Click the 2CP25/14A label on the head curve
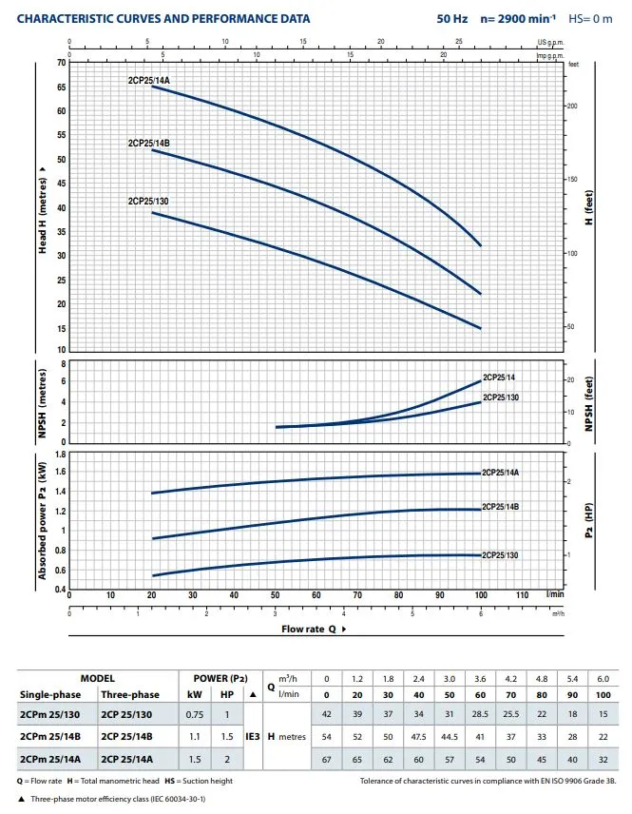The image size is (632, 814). [149, 80]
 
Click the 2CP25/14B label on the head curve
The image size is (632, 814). [149, 144]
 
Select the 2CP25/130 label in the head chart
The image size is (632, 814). [147, 202]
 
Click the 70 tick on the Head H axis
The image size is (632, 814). [62, 63]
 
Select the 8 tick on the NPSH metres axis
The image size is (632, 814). [64, 363]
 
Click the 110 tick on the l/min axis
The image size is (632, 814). [522, 595]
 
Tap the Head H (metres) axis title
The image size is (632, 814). [43, 213]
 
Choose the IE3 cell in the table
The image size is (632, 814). [254, 736]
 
